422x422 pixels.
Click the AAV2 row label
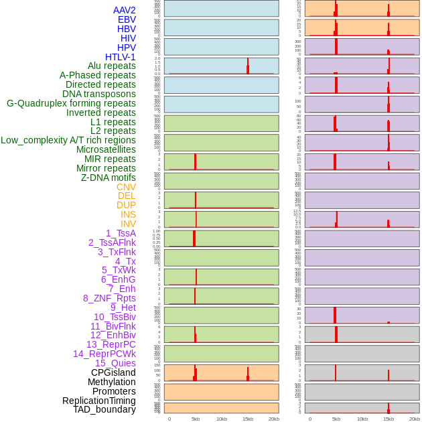[x=124, y=10]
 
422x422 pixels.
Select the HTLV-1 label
[x=120, y=57]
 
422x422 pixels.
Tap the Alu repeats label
[x=111, y=66]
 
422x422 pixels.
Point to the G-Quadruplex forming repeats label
[x=71, y=103]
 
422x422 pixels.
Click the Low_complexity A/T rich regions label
[x=68, y=140]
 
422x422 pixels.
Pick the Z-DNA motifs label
[x=108, y=178]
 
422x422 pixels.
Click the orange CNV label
[x=126, y=187]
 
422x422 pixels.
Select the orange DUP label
[x=126, y=205]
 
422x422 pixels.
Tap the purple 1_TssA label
[x=121, y=233]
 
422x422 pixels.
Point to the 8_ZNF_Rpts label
[x=109, y=298]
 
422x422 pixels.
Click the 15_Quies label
[x=115, y=363]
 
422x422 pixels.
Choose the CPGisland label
[x=113, y=372]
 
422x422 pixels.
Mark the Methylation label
[x=111, y=382]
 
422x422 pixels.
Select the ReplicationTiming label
[x=98, y=401]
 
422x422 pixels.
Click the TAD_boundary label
[x=104, y=409]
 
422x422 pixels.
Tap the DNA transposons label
[x=99, y=94]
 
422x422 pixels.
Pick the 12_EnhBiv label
[x=113, y=335]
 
